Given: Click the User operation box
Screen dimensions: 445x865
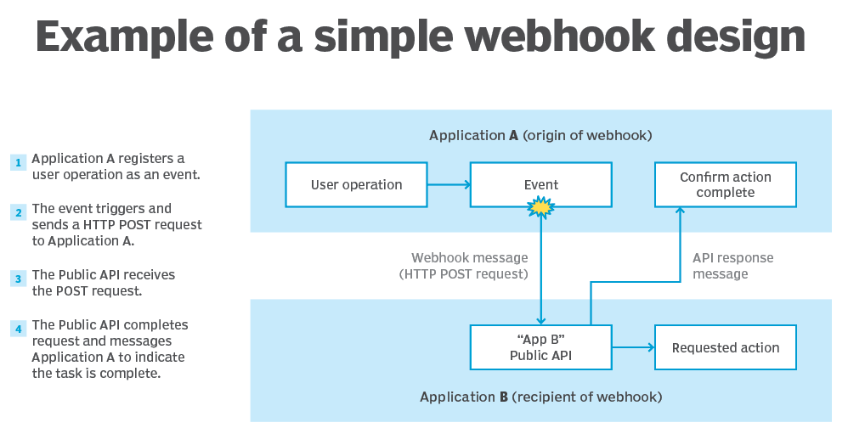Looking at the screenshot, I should point(356,185).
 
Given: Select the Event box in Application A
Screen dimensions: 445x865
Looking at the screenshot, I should point(540,185).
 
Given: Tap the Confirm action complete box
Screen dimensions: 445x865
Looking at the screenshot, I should point(725,185).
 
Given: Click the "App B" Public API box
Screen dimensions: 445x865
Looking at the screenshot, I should point(540,347).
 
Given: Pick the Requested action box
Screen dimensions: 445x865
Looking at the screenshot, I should point(725,347).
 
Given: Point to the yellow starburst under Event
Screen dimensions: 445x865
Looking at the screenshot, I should point(540,206).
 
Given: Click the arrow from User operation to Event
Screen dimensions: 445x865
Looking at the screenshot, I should point(448,185).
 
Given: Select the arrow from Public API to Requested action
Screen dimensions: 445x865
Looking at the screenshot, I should point(633,347).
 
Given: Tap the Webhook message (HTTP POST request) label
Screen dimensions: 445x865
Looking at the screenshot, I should point(469,266).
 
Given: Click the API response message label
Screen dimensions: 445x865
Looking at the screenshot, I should point(732,266).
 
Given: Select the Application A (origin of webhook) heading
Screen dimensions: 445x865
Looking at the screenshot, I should point(540,135).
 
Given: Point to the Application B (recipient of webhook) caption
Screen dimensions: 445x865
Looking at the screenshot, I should point(540,397).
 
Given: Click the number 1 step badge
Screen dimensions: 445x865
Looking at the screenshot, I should point(18,162).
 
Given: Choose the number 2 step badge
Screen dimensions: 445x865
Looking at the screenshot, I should point(18,211).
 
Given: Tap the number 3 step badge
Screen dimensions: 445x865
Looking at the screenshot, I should point(18,279).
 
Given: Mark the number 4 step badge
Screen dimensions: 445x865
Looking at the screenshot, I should point(18,328).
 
